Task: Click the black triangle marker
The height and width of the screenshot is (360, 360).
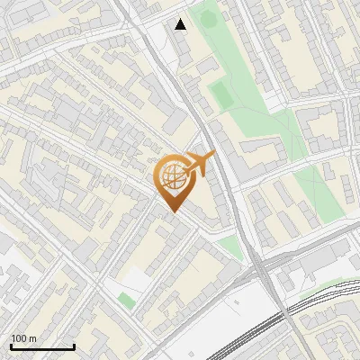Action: tap(181, 24)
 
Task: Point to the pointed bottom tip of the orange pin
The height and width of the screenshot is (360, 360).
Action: tap(173, 211)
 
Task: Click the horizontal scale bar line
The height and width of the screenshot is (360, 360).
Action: tap(42, 347)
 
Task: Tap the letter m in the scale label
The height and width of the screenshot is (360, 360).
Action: tap(32, 338)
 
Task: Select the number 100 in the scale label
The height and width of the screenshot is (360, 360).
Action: tap(20, 338)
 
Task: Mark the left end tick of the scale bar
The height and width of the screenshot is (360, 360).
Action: tap(11, 346)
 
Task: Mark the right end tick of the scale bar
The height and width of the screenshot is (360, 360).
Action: tap(74, 346)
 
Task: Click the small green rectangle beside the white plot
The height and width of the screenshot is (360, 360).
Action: tap(127, 300)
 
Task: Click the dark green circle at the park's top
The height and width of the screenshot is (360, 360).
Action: tap(209, 16)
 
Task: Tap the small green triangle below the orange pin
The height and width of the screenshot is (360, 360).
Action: tap(231, 246)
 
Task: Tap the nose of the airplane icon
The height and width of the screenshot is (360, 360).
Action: tap(213, 157)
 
